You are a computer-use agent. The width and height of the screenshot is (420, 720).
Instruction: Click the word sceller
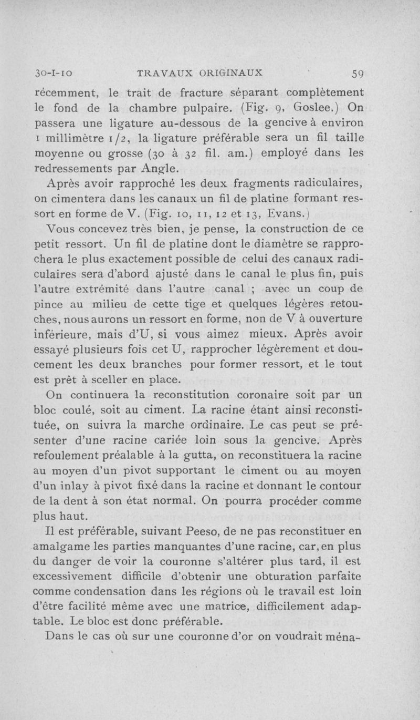120,378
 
